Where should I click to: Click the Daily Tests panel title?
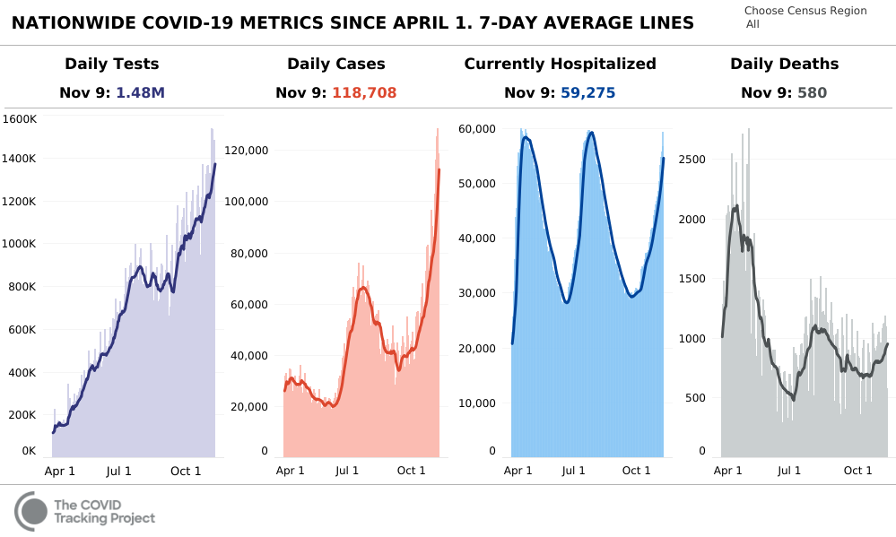[111, 64]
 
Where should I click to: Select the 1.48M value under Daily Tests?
[141, 92]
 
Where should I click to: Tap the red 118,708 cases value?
[364, 92]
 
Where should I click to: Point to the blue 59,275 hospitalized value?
[587, 92]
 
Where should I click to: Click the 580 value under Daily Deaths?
[812, 92]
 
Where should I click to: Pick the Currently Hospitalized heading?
[560, 64]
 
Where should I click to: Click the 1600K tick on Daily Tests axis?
[20, 118]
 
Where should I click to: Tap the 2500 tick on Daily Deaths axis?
[694, 160]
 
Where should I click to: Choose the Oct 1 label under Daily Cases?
[411, 471]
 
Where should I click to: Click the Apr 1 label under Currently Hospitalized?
[518, 471]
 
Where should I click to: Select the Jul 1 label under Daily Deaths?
[789, 471]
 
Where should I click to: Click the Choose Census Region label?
[805, 11]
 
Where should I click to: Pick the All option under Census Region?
[752, 24]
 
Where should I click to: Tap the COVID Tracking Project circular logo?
[31, 511]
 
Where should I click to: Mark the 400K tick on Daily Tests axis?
[22, 372]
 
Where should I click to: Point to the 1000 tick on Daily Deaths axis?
[694, 338]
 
